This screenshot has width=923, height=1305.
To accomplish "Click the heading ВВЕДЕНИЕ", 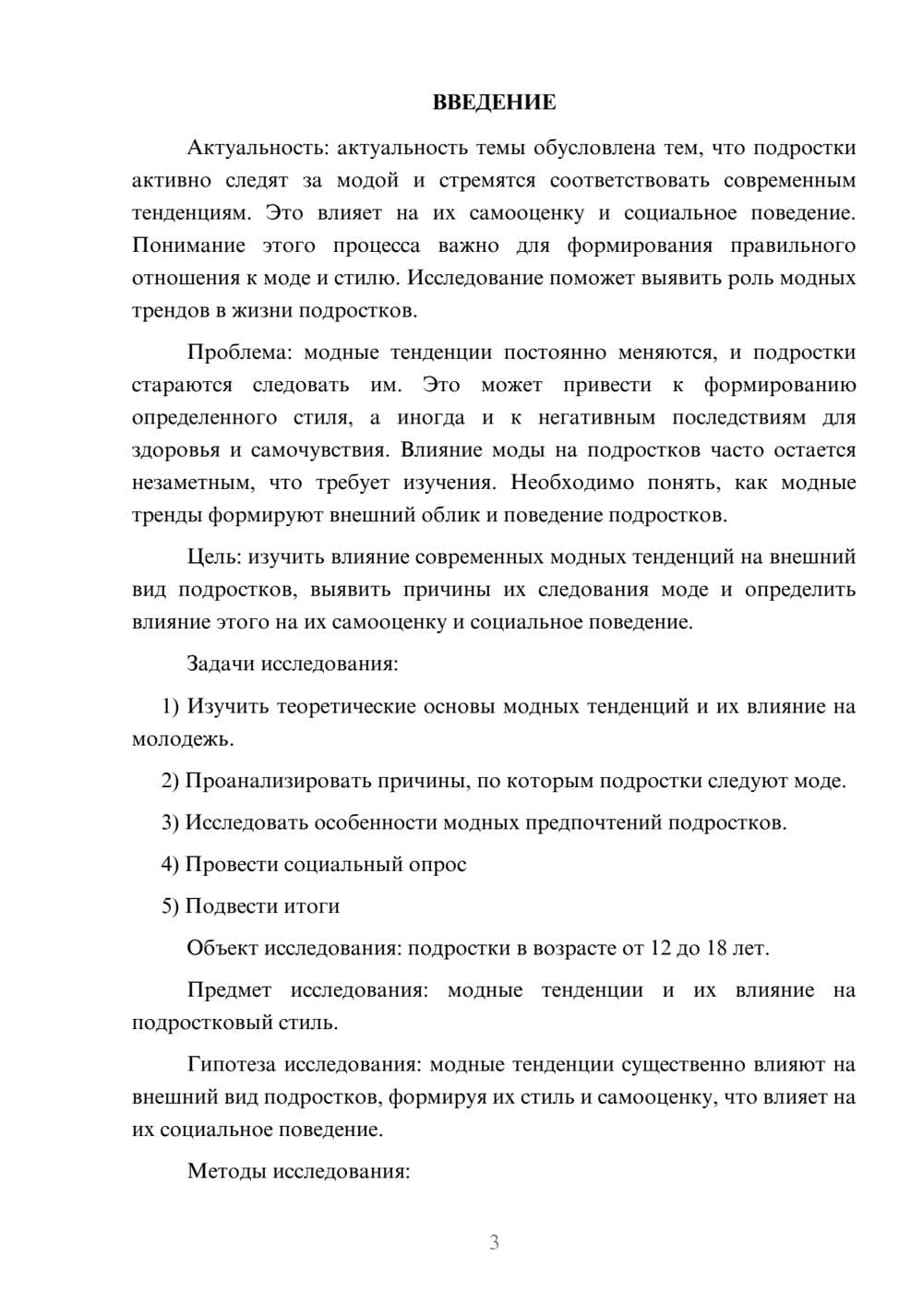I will pos(494,102).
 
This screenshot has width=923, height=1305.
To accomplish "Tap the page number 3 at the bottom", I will pos(494,1242).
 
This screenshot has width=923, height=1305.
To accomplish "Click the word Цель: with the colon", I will pos(214,557).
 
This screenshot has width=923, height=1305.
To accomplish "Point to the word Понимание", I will pos(188,245).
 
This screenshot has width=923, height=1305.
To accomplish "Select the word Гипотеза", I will pos(232,1064).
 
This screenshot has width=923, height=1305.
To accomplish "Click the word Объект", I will pos(222,948).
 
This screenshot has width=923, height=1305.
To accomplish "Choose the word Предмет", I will pos(229,990).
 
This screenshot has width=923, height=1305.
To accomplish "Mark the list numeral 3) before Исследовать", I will pos(170,822).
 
